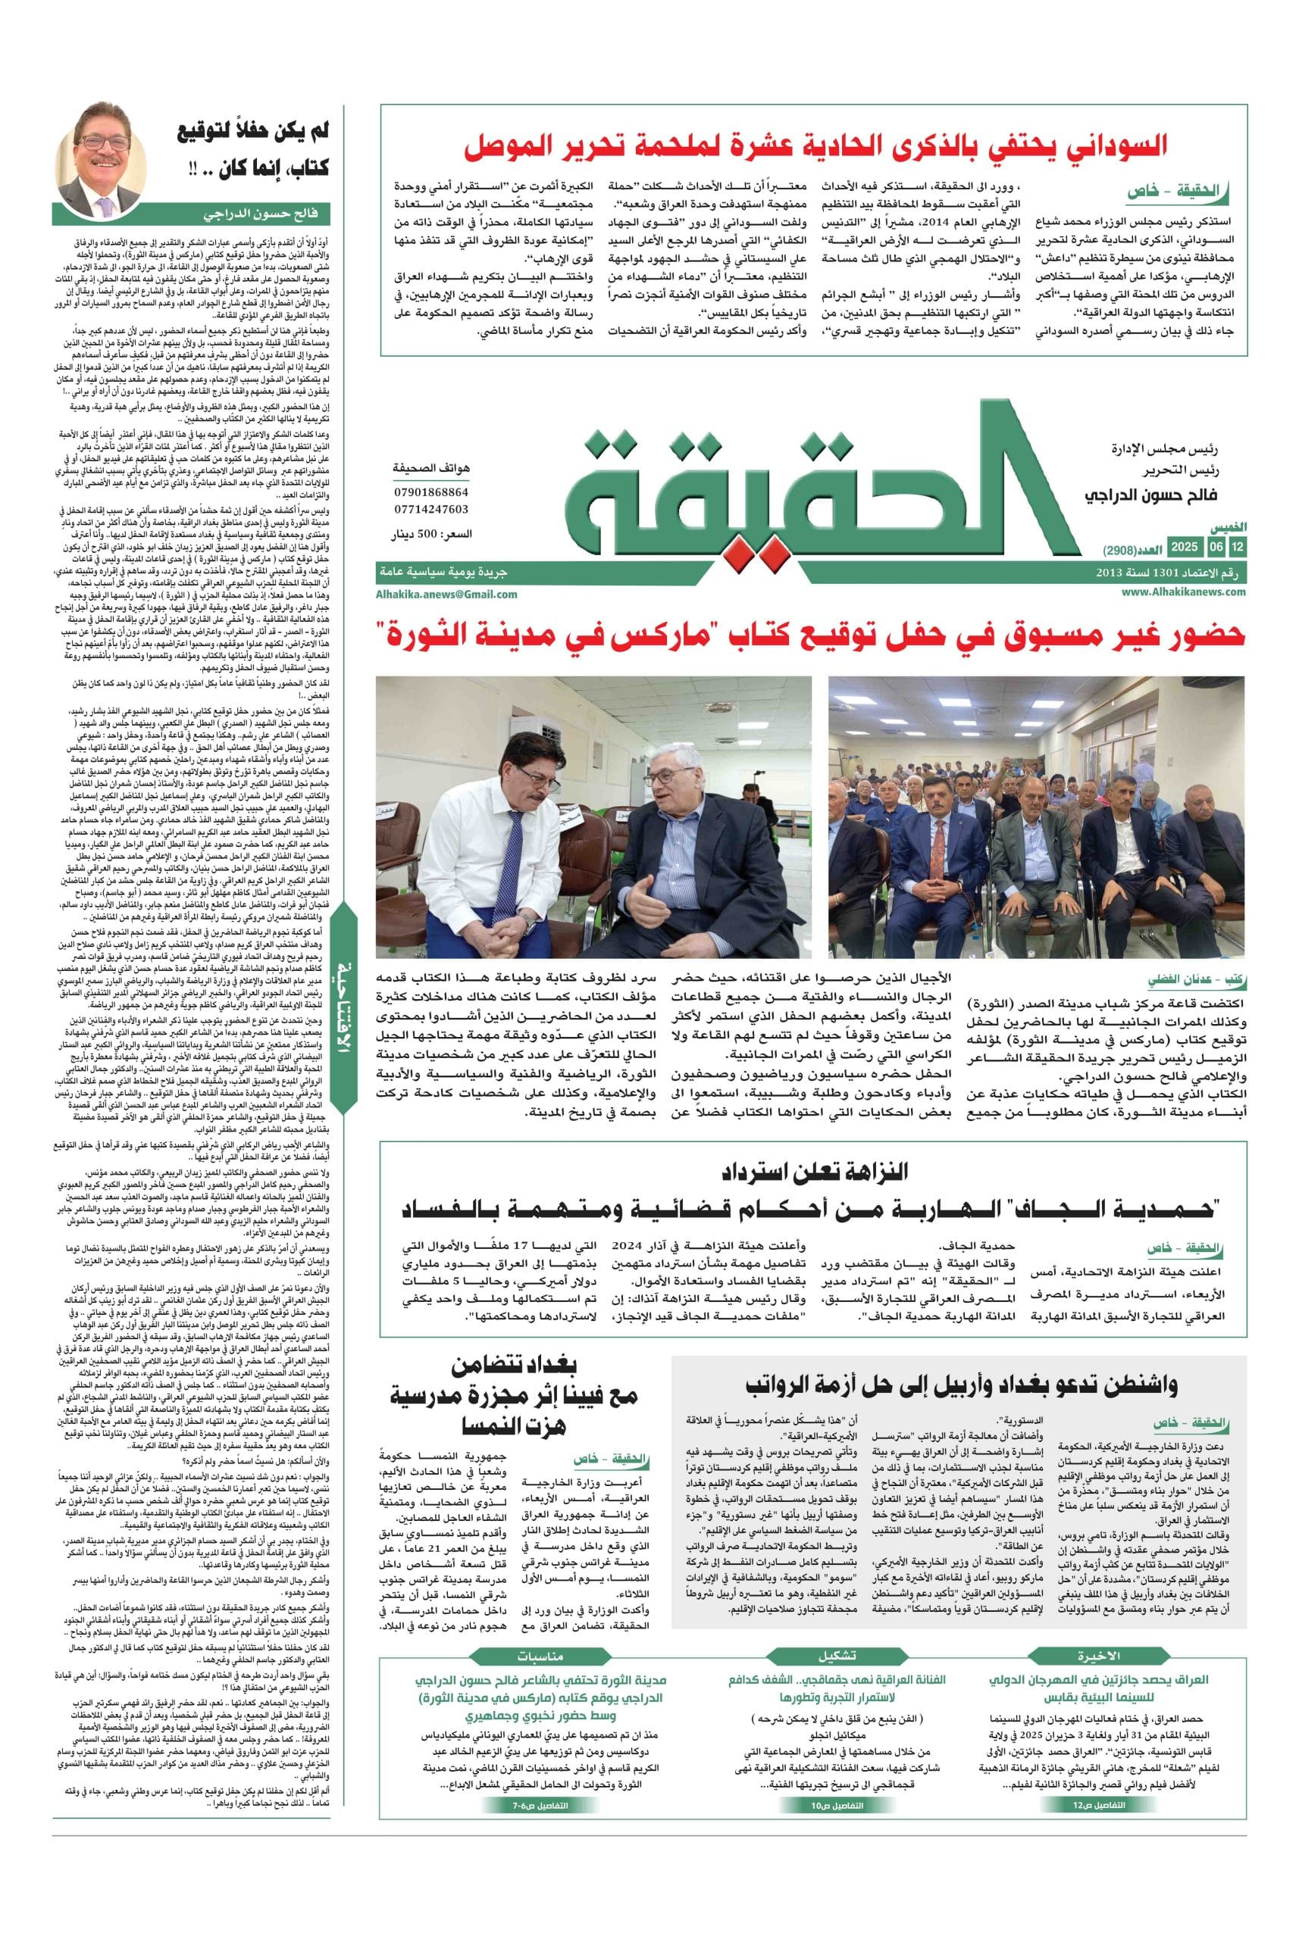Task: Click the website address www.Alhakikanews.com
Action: tap(1184, 592)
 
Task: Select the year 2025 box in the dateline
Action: tap(1184, 548)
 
